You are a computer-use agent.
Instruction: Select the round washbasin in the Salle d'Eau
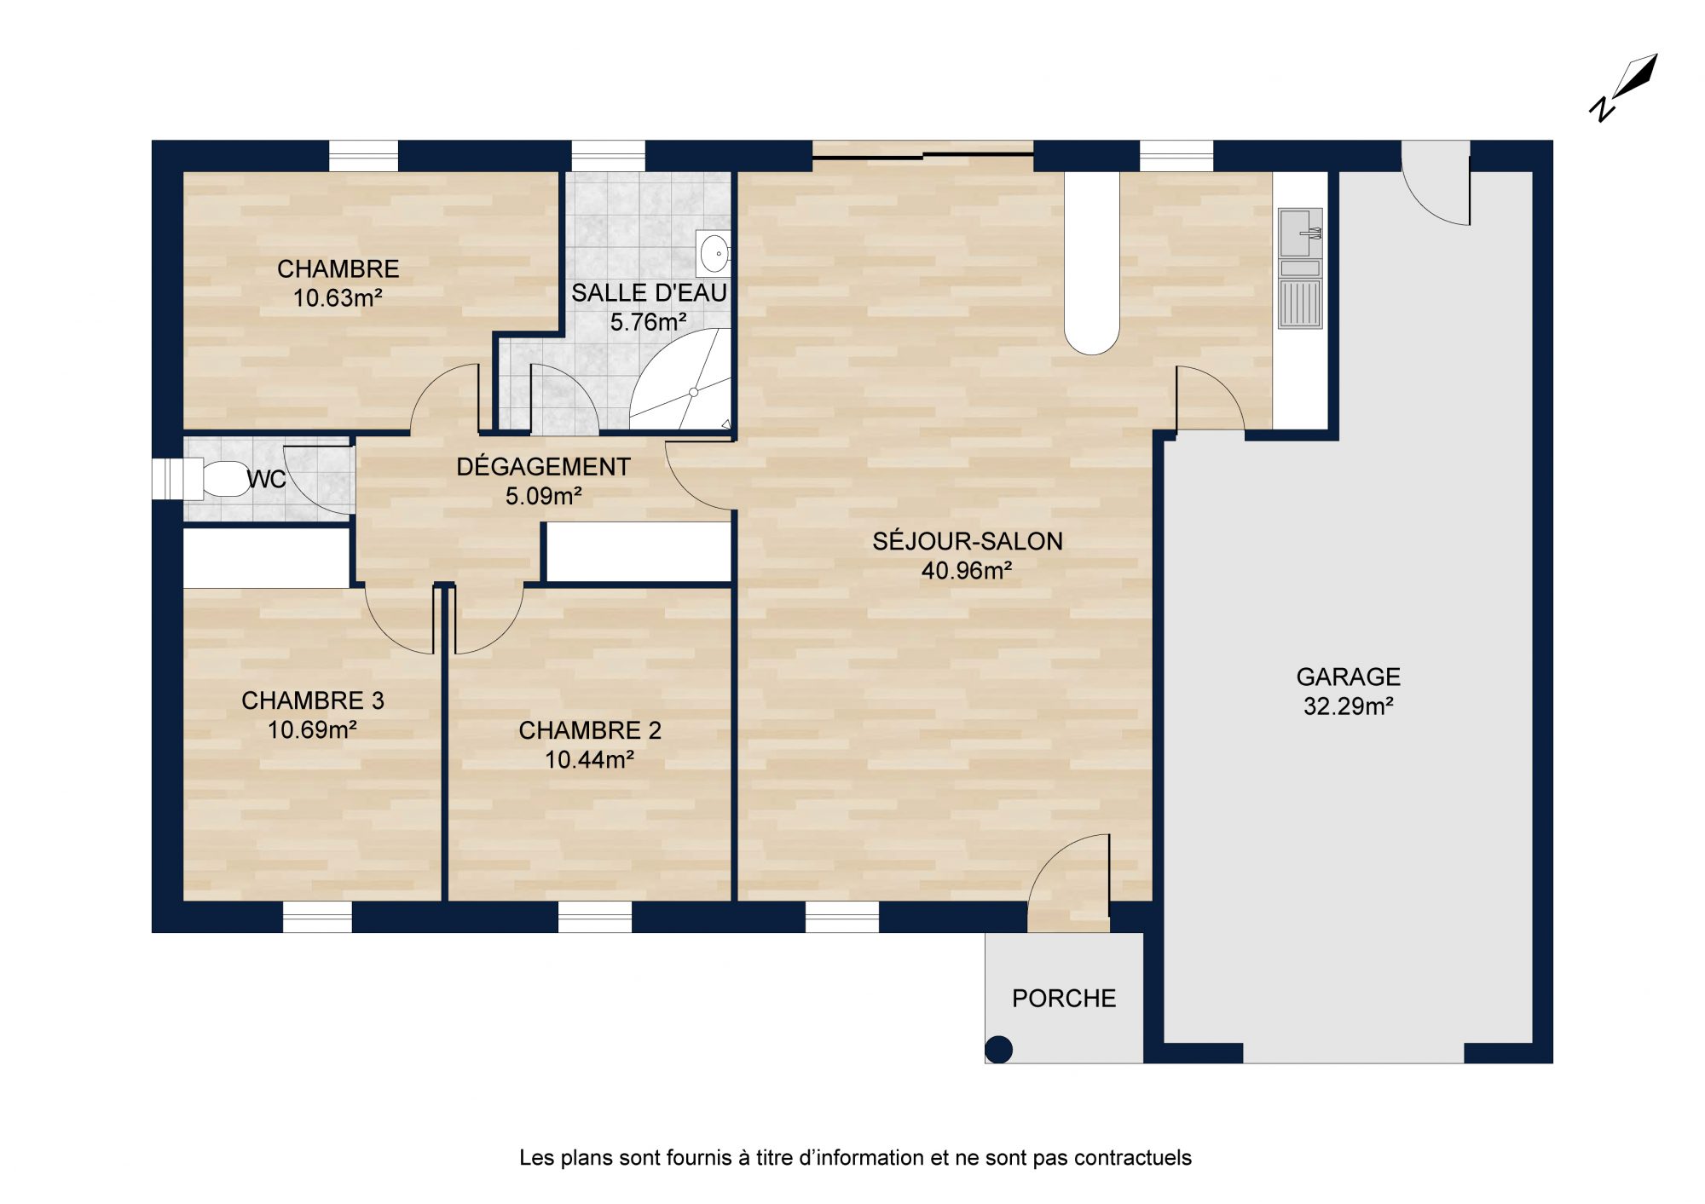[x=714, y=253]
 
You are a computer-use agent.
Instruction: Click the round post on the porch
[x=998, y=1049]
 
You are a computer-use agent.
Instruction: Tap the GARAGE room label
[x=1348, y=677]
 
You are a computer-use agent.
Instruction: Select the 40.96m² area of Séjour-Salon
[x=967, y=570]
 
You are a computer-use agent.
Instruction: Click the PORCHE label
[x=1064, y=998]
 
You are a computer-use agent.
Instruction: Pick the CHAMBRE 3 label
[x=313, y=700]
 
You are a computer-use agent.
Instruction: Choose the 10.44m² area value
[x=589, y=759]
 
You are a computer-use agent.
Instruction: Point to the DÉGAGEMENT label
[x=543, y=466]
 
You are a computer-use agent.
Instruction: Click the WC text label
[x=266, y=480]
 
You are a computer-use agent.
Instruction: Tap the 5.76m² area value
[x=649, y=322]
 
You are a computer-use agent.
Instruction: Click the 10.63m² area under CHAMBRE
[x=338, y=298]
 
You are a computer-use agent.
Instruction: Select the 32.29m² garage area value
[x=1348, y=706]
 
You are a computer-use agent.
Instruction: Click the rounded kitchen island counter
[x=1092, y=262]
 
